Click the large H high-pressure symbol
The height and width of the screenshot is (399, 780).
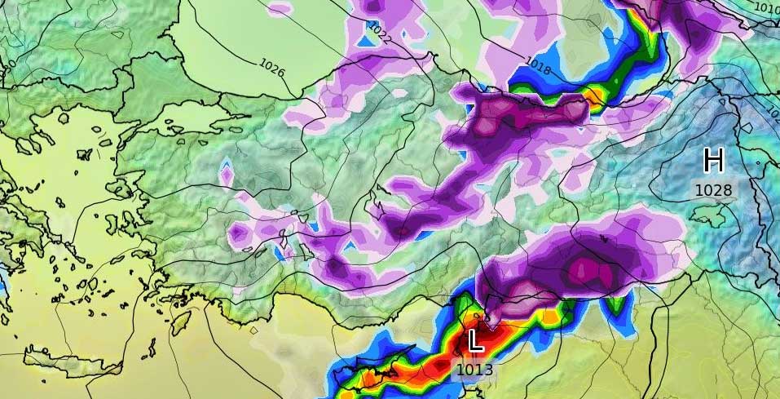click(x=713, y=161)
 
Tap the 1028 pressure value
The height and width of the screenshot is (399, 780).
click(x=713, y=190)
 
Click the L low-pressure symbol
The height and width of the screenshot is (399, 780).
click(x=474, y=341)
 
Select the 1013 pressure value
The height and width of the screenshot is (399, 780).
click(x=474, y=370)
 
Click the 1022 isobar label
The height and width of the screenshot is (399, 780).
click(x=380, y=32)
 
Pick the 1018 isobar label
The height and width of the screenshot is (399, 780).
click(x=538, y=64)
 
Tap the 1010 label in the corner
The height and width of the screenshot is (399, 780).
click(x=767, y=9)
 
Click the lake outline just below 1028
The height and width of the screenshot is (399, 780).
click(x=707, y=214)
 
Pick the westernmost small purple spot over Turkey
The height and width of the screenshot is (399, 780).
click(x=227, y=175)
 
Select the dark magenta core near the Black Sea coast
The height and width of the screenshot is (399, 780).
click(x=489, y=118)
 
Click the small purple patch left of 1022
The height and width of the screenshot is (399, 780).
click(x=280, y=9)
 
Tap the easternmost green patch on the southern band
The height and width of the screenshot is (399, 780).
click(x=617, y=306)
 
